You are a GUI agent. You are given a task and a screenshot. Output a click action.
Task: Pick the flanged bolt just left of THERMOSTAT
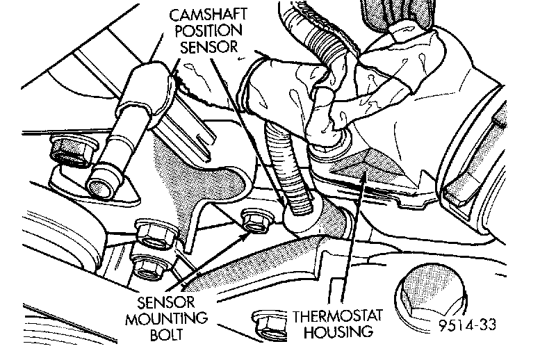pyautogui.click(x=266, y=320)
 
